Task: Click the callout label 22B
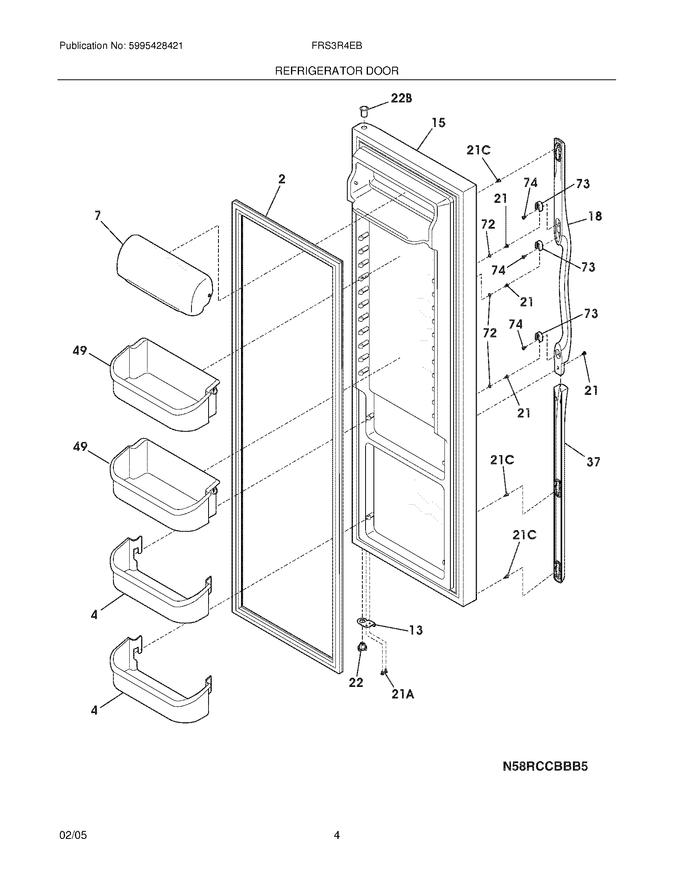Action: [x=401, y=98]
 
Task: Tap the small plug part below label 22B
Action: [x=364, y=111]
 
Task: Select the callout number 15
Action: [x=438, y=123]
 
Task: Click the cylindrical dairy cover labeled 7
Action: [x=164, y=275]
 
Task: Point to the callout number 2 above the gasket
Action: [x=282, y=179]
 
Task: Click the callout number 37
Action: [x=594, y=462]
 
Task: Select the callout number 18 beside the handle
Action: [x=595, y=216]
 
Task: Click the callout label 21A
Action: [x=402, y=695]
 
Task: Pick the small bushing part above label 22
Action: [x=362, y=647]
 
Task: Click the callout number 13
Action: [x=416, y=631]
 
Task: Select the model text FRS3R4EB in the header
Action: [x=337, y=46]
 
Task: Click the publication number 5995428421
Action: [x=156, y=46]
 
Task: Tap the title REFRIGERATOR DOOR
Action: [x=337, y=71]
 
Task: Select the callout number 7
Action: [x=98, y=216]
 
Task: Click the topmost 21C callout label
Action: [x=479, y=150]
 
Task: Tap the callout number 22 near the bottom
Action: [x=356, y=683]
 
